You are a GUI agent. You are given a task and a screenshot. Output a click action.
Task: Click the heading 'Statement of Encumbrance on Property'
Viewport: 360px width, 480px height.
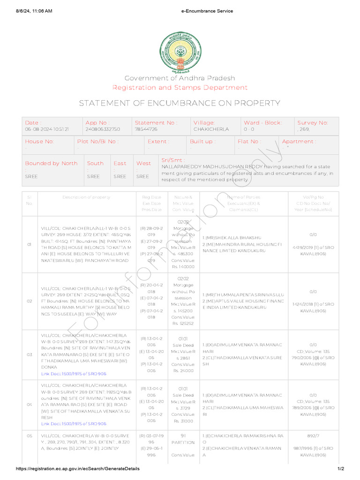pyautogui.click(x=180, y=103)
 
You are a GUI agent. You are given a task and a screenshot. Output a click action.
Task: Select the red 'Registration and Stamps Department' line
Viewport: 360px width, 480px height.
pyautogui.click(x=180, y=88)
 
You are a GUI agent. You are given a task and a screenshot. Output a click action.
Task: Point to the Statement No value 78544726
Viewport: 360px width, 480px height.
pyautogui.click(x=146, y=129)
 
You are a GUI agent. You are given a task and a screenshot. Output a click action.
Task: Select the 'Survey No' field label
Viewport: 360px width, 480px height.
pyautogui.click(x=313, y=123)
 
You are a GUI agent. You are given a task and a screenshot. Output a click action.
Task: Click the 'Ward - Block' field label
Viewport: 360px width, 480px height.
pyautogui.click(x=262, y=123)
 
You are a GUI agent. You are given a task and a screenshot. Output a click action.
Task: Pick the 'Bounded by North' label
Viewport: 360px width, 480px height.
pyautogui.click(x=51, y=163)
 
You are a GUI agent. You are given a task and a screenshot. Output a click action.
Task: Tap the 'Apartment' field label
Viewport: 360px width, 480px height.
pyautogui.click(x=299, y=142)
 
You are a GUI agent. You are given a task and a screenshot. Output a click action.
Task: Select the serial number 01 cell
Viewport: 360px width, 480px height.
pyautogui.click(x=29, y=245)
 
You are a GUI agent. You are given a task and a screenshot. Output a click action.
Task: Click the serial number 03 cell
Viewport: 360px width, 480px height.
pyautogui.click(x=29, y=355)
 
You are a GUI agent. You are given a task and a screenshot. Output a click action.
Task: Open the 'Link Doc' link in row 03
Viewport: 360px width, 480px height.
pyautogui.click(x=74, y=374)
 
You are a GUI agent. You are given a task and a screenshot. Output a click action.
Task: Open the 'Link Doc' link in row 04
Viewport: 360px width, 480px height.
pyautogui.click(x=74, y=423)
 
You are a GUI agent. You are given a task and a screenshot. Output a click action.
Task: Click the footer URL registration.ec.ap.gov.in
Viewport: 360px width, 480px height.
pyautogui.click(x=77, y=469)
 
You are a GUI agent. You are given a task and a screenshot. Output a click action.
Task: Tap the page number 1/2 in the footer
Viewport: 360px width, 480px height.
pyautogui.click(x=341, y=469)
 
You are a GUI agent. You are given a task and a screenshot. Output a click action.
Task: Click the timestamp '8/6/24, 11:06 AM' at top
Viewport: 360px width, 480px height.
pyautogui.click(x=34, y=11)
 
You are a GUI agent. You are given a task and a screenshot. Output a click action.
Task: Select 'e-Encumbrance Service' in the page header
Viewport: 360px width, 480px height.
pyautogui.click(x=206, y=11)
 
